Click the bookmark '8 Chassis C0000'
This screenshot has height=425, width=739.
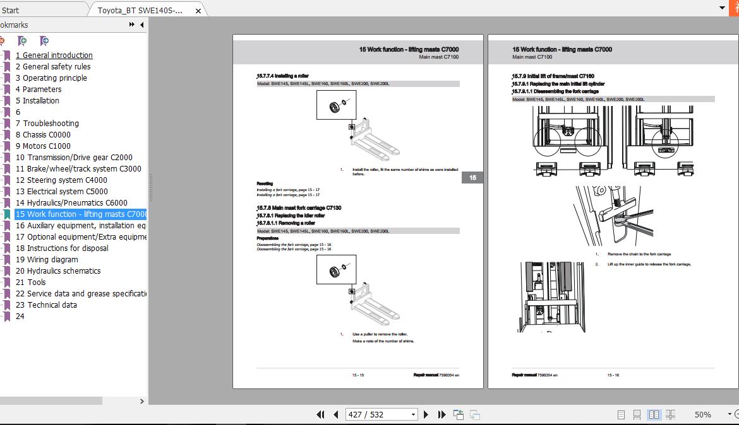43,134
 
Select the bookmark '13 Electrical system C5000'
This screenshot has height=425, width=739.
61,191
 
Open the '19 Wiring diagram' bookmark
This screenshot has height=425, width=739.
47,259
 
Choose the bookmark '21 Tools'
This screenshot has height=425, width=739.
30,282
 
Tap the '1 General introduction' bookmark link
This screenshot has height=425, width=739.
54,55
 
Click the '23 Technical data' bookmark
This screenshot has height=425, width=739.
46,305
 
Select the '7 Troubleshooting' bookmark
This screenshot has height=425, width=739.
47,123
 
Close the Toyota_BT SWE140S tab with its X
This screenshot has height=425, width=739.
198,11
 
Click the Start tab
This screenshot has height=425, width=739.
10,10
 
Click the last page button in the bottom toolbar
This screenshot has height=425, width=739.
442,414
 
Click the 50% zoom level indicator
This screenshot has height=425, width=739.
702,414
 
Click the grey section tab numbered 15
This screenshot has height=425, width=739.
472,178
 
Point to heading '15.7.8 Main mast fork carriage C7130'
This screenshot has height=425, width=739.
299,207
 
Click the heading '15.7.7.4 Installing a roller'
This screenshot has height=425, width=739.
282,76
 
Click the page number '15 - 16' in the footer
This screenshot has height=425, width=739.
613,375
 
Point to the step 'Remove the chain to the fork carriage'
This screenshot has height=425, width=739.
639,254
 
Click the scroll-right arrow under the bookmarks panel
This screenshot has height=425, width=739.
141,401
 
